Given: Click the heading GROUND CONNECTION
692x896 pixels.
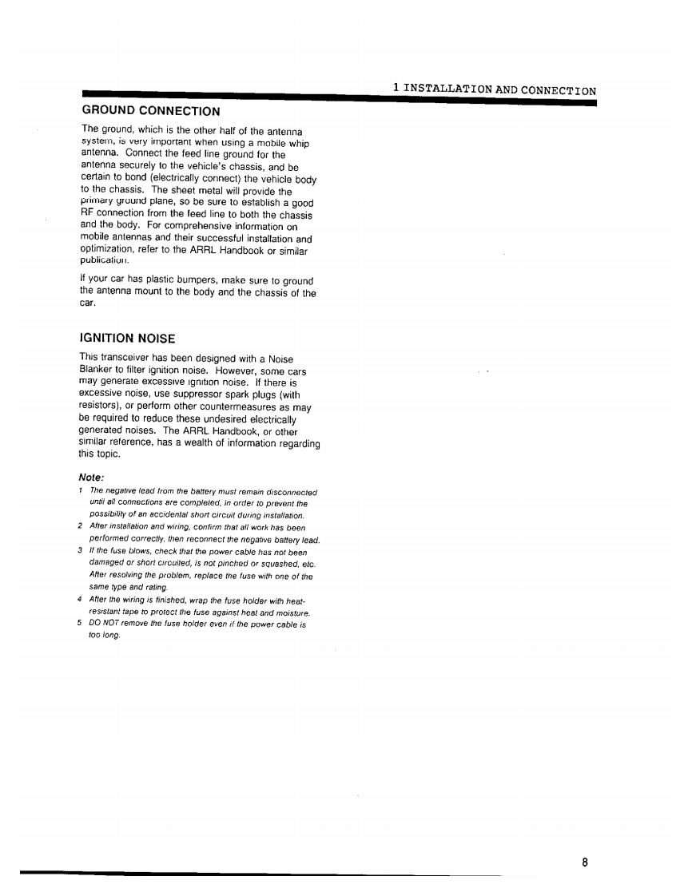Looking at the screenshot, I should tap(151, 110).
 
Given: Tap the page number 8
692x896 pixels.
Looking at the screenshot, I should tap(585, 862).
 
